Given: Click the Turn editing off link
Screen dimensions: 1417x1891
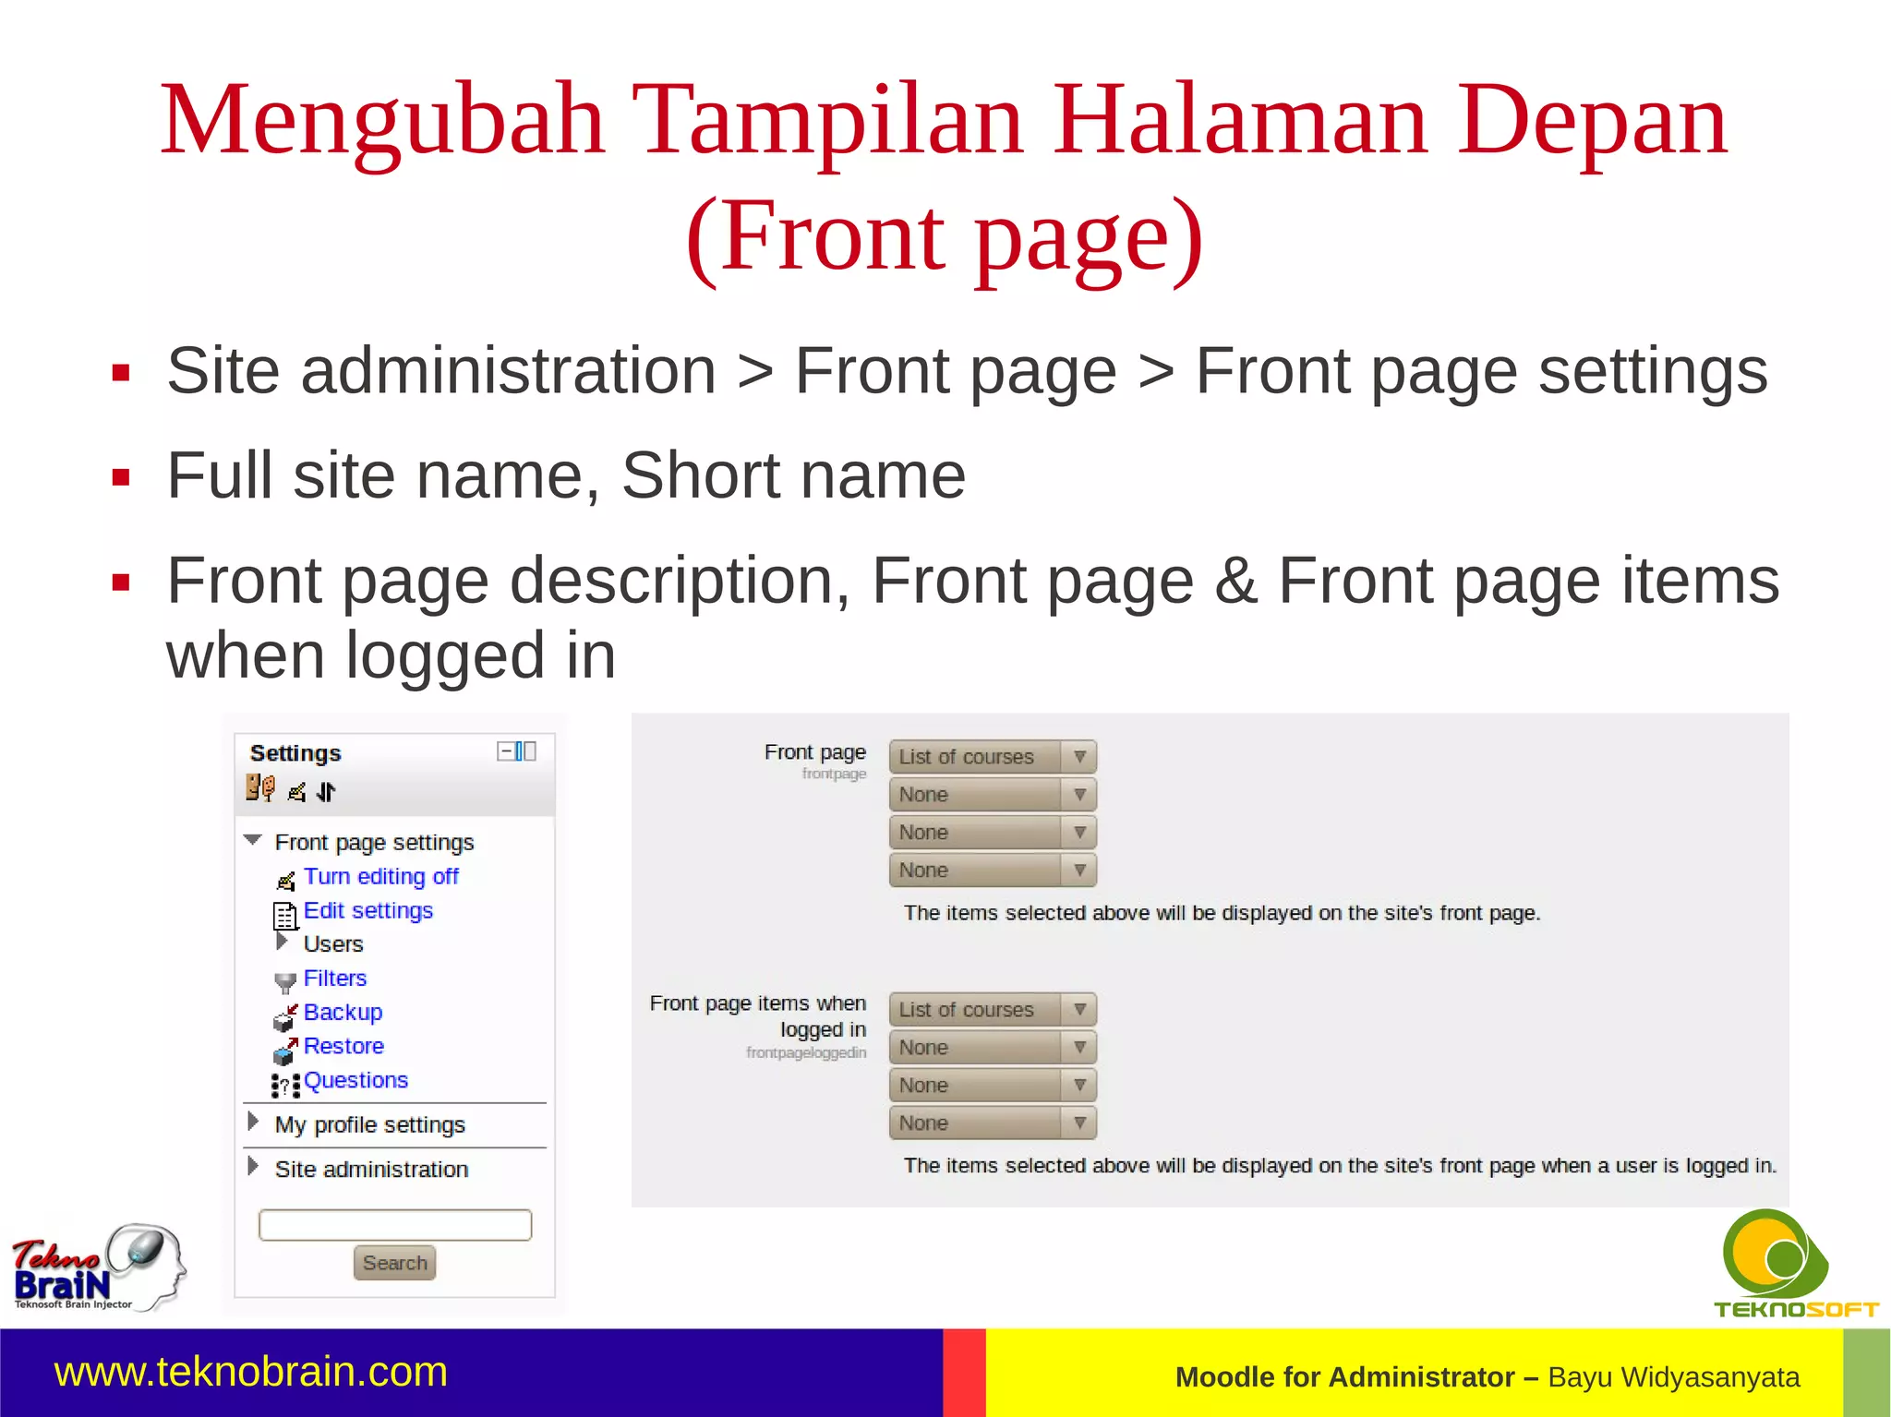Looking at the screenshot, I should pyautogui.click(x=380, y=877).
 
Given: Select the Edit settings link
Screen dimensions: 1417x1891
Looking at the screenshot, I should pyautogui.click(x=367, y=911).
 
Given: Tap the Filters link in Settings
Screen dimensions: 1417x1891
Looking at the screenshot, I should pyautogui.click(x=334, y=979).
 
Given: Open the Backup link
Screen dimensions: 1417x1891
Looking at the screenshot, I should pyautogui.click(x=343, y=1013).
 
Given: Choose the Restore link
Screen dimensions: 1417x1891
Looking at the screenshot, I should pyautogui.click(x=343, y=1047).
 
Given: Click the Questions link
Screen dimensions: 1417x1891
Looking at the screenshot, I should pyautogui.click(x=355, y=1081).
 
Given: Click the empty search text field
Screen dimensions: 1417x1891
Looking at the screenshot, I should pyautogui.click(x=395, y=1225).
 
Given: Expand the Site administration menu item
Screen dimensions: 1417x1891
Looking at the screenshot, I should pyautogui.click(x=371, y=1170).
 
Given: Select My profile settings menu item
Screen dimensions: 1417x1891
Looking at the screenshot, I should pyautogui.click(x=369, y=1125).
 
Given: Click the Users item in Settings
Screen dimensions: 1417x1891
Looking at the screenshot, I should pyautogui.click(x=333, y=944).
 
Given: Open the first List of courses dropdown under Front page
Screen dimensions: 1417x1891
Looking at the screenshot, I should pyautogui.click(x=993, y=757).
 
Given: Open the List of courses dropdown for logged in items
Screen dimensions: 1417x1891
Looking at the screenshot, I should pyautogui.click(x=993, y=1010).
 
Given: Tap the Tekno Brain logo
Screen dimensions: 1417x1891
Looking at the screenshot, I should pyautogui.click(x=96, y=1267).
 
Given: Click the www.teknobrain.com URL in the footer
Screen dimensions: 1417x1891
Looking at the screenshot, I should pyautogui.click(x=251, y=1372).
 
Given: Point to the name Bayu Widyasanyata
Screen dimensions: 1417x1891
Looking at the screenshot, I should pyautogui.click(x=1673, y=1377).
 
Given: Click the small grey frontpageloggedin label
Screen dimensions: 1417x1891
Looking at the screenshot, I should pyautogui.click(x=806, y=1053).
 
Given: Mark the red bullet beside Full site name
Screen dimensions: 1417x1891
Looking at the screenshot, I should pyautogui.click(x=121, y=478).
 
